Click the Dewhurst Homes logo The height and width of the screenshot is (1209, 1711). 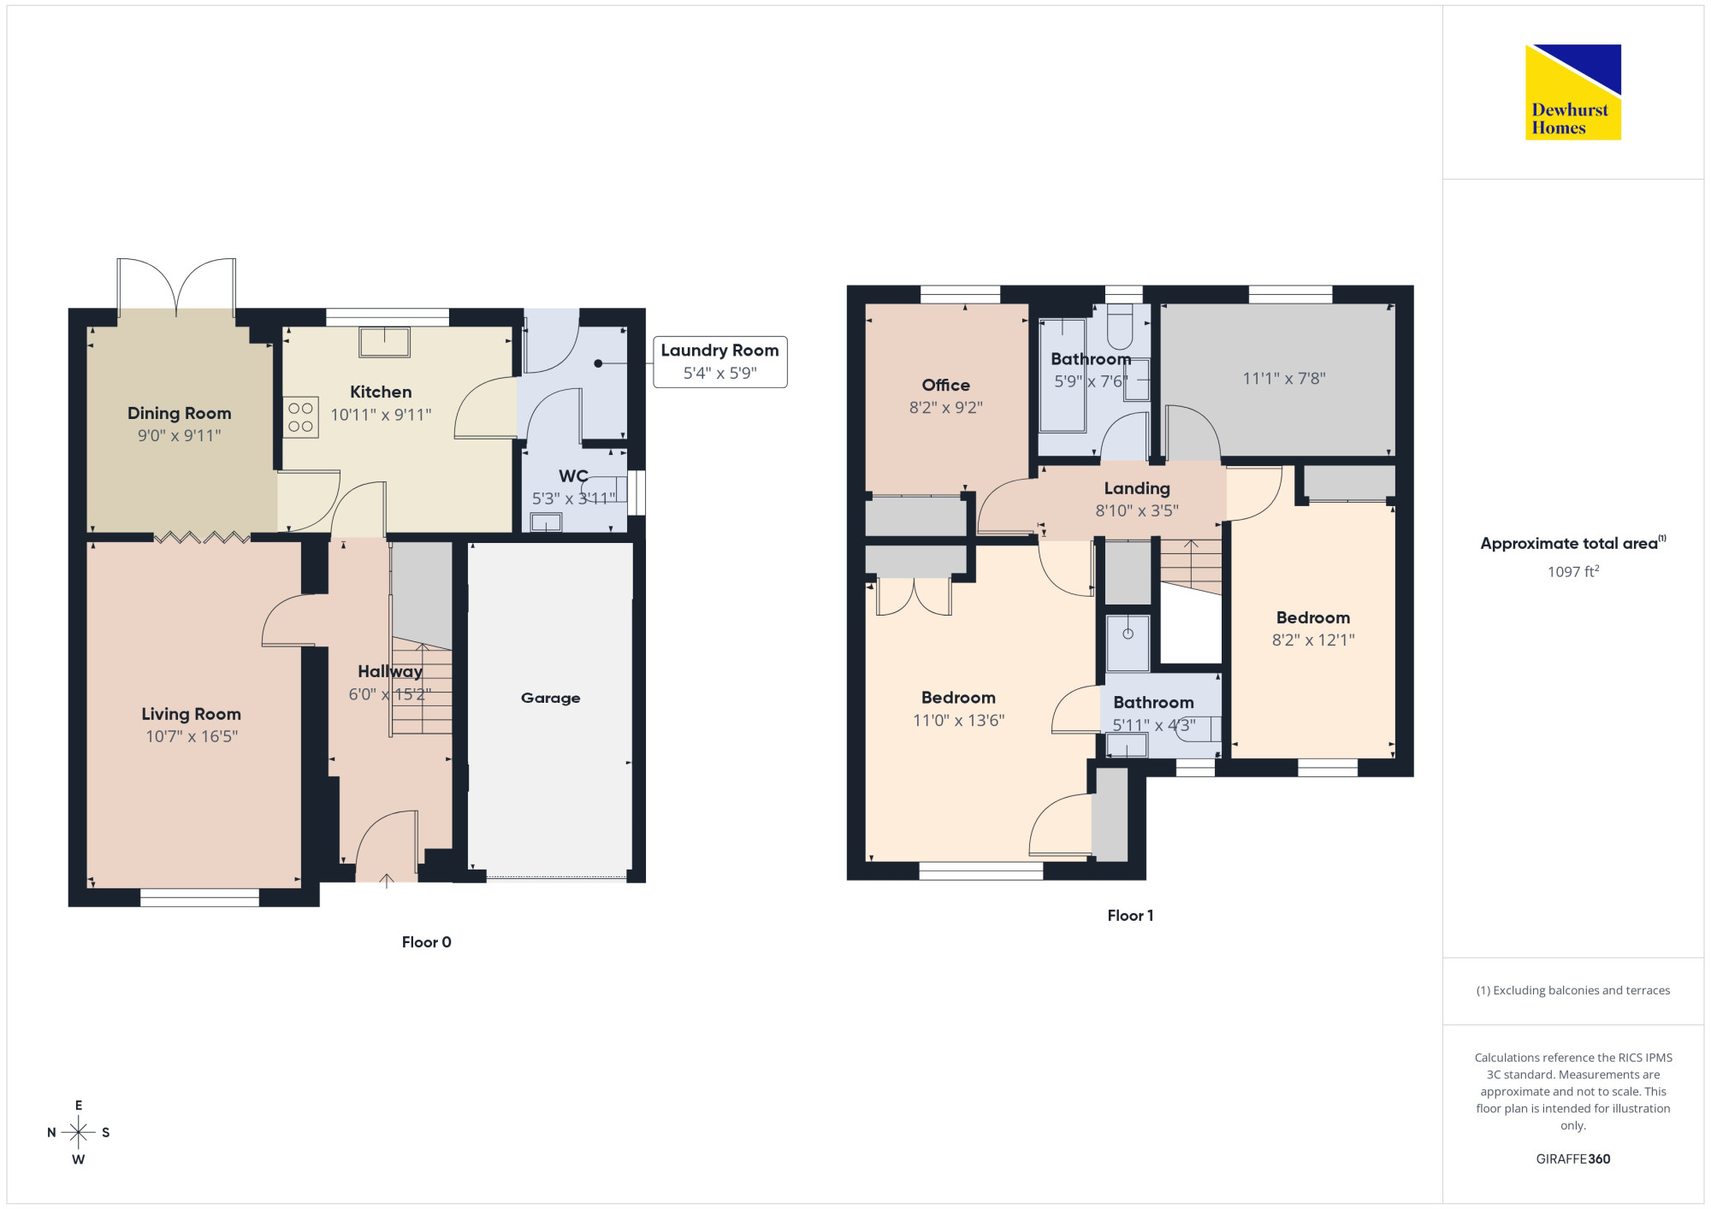pos(1572,91)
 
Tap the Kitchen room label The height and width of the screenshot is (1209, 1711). pos(381,392)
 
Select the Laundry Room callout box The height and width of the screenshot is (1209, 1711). pos(719,362)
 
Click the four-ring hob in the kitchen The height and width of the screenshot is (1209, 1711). pos(300,417)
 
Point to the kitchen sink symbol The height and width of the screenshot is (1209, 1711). pos(385,342)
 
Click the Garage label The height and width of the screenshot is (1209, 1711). pos(550,698)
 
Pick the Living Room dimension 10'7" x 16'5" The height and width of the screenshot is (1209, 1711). pos(192,736)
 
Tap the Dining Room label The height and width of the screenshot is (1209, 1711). pos(180,413)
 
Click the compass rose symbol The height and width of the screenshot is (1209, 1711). pos(79,1133)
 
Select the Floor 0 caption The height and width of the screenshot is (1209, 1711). pos(427,942)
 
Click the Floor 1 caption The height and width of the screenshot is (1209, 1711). pos(1130,916)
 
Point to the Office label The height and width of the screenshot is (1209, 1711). pos(945,385)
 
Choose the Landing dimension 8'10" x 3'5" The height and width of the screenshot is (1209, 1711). pos(1137,510)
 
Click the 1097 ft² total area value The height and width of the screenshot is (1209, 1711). pos(1573,571)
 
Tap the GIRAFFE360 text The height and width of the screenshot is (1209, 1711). pos(1573,1159)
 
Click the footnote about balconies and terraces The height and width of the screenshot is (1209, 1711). pos(1573,990)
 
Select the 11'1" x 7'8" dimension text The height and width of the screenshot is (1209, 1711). pos(1284,378)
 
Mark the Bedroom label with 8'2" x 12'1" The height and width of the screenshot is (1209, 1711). pos(1313,617)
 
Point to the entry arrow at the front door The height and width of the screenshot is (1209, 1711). pos(387,881)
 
